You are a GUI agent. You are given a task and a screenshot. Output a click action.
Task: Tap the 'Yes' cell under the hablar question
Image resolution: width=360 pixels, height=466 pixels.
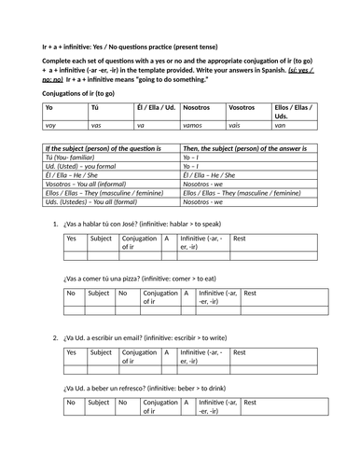coord(72,240)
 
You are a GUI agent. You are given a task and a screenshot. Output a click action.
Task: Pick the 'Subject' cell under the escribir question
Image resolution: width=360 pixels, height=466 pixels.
coord(102,352)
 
